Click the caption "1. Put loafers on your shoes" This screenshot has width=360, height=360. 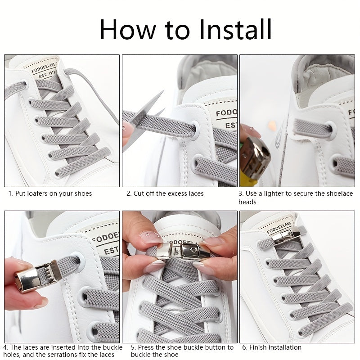50,193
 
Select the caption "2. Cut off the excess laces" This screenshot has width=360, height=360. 165,193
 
